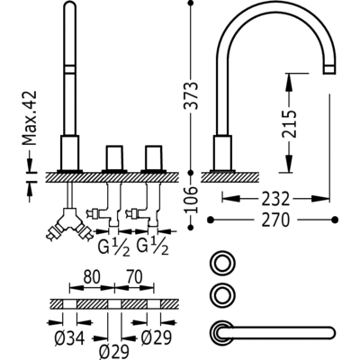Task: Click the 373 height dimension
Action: pos(191,95)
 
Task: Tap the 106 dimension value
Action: pos(191,200)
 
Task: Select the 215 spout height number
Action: pos(289,123)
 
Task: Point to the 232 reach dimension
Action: pos(275,199)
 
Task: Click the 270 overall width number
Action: pos(275,220)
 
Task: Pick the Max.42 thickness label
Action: pos(30,118)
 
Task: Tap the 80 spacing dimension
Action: pos(92,277)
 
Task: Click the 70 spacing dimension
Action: pos(135,277)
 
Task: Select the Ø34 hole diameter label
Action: pos(69,338)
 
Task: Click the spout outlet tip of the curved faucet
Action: pos(329,69)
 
